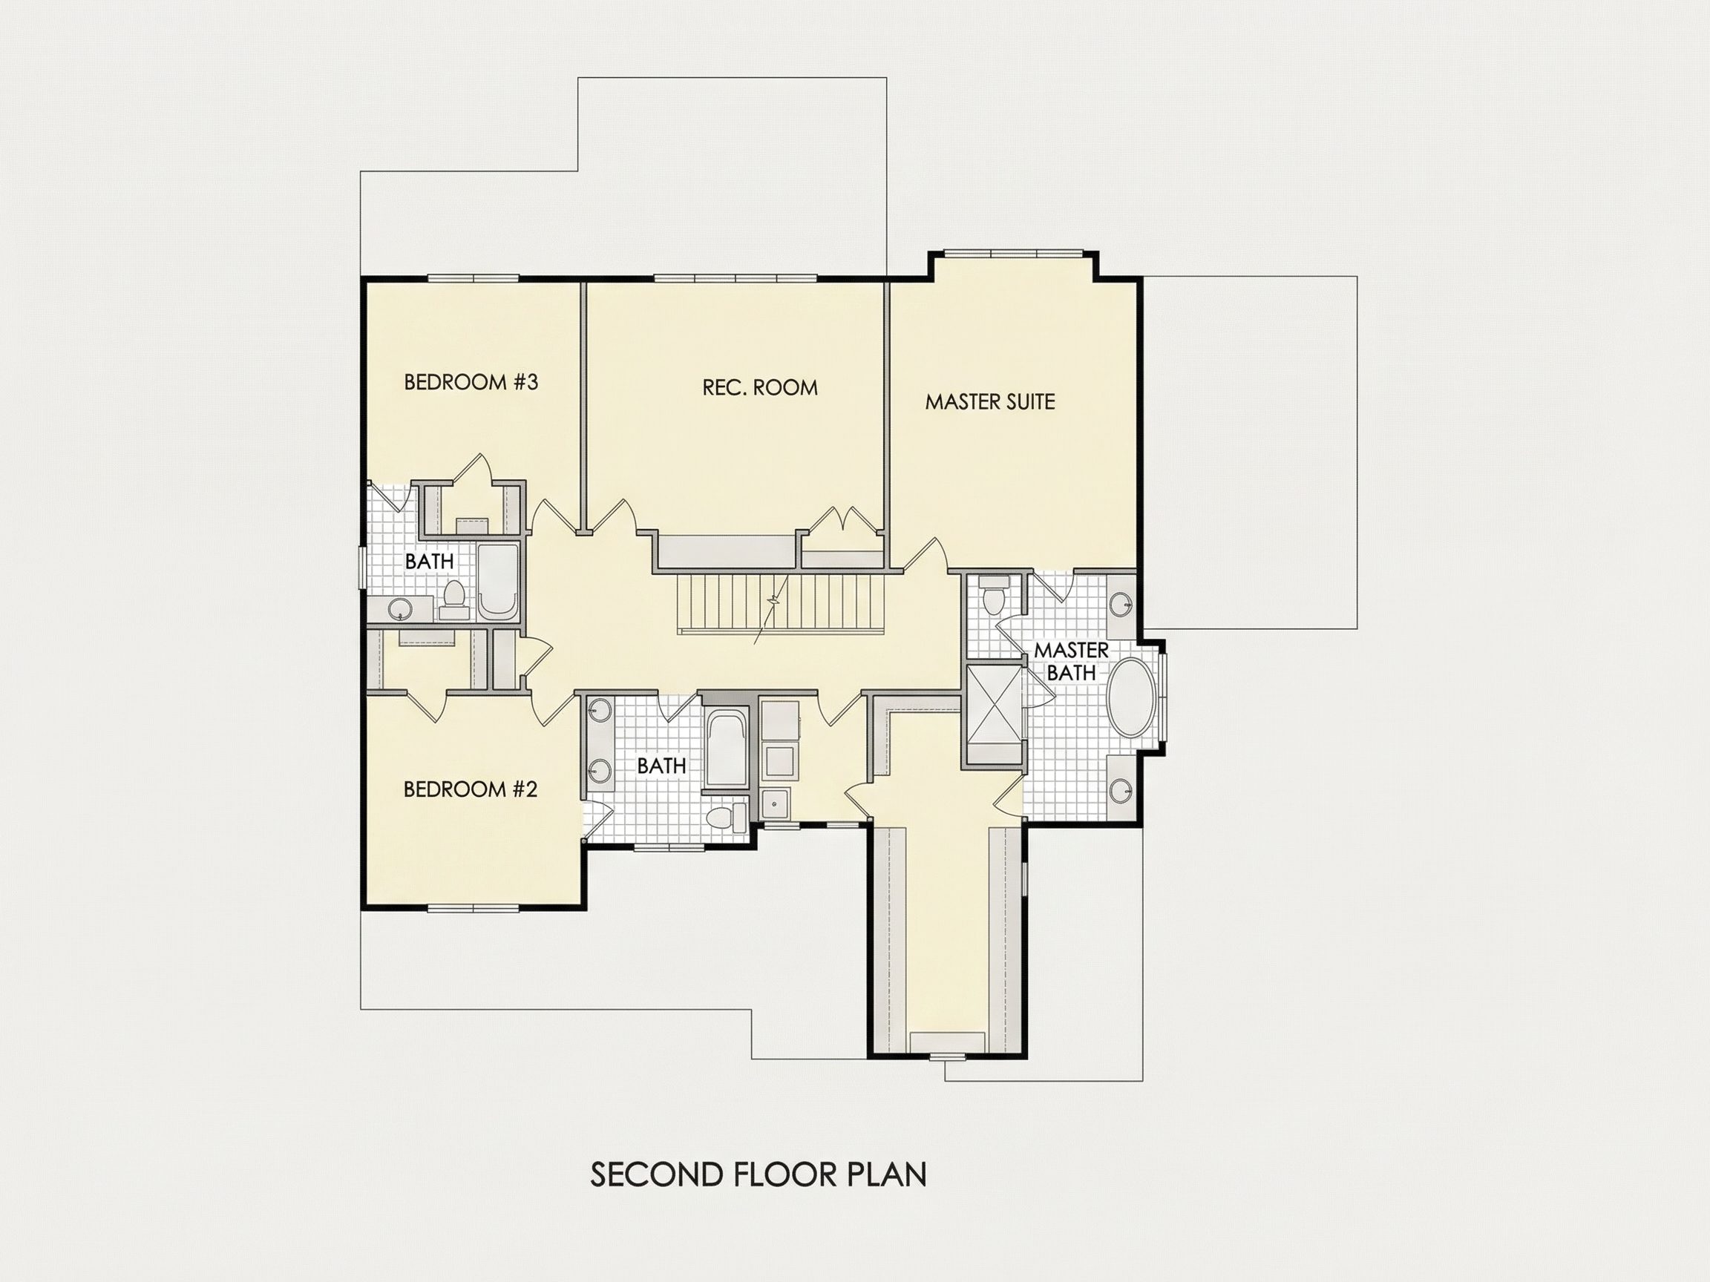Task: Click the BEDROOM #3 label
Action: [471, 382]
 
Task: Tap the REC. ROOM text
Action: [760, 387]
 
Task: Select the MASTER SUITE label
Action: [989, 402]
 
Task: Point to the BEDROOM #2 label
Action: [470, 789]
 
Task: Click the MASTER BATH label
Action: [1072, 662]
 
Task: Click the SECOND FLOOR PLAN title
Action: [759, 1174]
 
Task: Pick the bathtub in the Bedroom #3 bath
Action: [498, 582]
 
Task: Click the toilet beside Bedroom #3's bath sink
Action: [453, 597]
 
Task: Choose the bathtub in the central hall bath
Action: [727, 749]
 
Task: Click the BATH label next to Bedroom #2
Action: [662, 766]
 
